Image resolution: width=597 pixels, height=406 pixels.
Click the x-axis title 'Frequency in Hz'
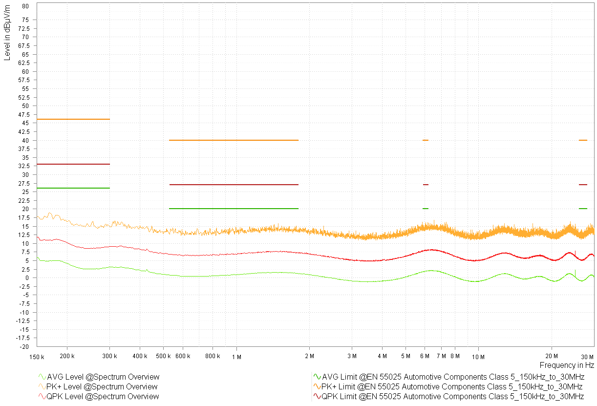point(567,365)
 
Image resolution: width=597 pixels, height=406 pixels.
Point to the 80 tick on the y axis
point(26,6)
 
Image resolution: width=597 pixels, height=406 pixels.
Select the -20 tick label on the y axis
point(24,346)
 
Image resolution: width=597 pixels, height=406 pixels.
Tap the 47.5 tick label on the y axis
point(23,114)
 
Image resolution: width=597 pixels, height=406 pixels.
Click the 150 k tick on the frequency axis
point(37,357)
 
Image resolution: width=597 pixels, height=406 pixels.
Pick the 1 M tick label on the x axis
point(237,357)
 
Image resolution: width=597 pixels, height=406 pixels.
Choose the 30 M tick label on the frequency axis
point(588,357)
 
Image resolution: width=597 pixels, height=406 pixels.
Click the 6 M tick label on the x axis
point(424,357)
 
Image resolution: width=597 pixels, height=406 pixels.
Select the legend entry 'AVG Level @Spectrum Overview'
point(103,377)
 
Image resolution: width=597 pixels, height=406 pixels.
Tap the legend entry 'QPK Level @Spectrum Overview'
point(103,396)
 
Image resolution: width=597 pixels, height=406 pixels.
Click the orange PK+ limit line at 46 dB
point(73,119)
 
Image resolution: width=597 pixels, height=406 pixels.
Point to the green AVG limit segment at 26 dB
point(73,188)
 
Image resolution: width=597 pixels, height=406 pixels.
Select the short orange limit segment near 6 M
point(426,140)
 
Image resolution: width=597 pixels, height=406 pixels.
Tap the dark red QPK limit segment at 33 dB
point(73,164)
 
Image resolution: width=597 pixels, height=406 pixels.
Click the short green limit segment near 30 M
point(583,209)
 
